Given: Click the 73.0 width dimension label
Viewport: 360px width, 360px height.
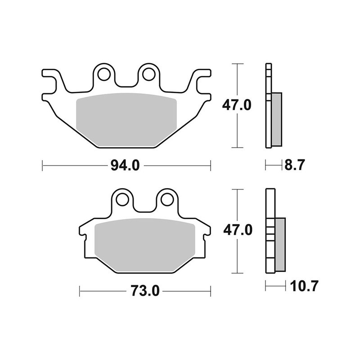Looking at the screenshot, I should coord(145,291).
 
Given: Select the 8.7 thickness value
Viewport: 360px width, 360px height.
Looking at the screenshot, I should coord(295,165).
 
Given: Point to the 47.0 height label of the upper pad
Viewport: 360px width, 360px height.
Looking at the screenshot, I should coord(236,106).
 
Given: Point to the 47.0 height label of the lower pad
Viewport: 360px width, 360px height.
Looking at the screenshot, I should coord(236,231).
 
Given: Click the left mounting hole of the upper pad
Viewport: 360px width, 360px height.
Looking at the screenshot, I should coord(104,73).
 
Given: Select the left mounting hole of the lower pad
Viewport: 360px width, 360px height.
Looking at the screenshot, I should coord(121,198).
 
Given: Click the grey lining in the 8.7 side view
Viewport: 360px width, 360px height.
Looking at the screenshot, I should coord(277,119).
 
